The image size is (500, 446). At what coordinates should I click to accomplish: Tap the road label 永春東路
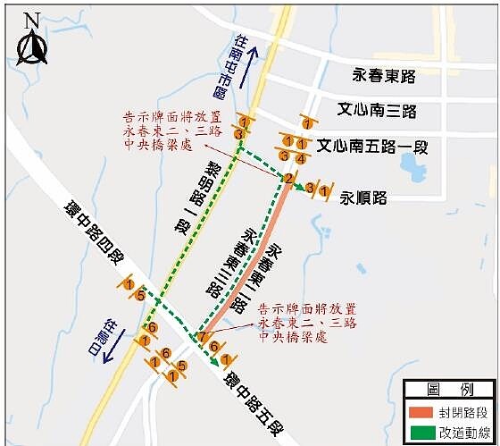pos(385,77)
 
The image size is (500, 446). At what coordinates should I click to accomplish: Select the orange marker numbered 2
pos(288,179)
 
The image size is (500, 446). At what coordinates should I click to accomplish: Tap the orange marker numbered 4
pos(302,158)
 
